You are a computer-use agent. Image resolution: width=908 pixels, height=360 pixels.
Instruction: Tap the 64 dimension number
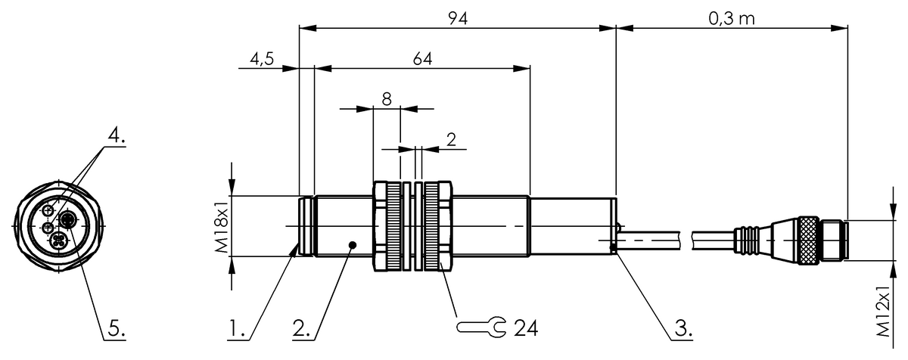coord(421,59)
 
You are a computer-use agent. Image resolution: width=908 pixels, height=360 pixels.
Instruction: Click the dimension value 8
coord(386,98)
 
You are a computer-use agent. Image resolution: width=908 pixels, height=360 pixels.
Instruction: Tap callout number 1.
coord(237,330)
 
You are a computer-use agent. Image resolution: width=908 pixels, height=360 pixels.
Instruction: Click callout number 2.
coord(301,330)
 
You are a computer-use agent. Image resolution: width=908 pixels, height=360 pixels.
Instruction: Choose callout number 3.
coord(682,330)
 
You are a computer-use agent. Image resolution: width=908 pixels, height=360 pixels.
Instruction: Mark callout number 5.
coord(114,330)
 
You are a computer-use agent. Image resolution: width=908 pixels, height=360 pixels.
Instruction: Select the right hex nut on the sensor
coord(438,226)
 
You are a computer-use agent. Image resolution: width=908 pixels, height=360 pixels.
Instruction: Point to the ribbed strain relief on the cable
coord(748,240)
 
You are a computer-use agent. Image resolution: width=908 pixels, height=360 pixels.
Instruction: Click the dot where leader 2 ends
coord(353,244)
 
